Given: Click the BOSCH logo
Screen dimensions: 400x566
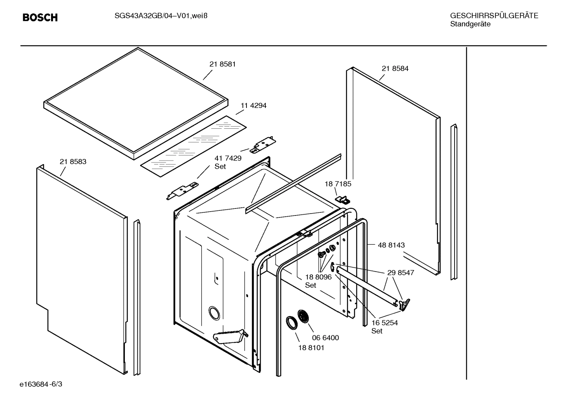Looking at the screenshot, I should click(x=40, y=18).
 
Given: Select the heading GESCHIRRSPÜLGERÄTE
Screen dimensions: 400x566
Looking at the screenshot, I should click(x=494, y=16).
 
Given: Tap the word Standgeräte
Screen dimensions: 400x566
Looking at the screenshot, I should click(x=470, y=24).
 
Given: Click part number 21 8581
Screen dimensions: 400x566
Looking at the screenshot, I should click(x=223, y=64).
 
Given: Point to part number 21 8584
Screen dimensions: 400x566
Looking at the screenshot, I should click(x=395, y=68).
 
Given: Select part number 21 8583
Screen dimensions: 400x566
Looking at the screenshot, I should click(x=73, y=162).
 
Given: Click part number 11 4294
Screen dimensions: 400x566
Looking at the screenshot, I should click(x=253, y=106).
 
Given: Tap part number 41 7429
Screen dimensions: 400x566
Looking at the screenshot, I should click(x=228, y=158).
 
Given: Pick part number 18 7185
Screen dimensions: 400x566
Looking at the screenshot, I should click(x=338, y=184).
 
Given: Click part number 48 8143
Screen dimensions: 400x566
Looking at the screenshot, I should click(x=391, y=245).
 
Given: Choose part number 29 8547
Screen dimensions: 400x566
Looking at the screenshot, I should click(x=400, y=272).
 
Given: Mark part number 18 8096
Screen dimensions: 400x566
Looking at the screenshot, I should click(x=318, y=277).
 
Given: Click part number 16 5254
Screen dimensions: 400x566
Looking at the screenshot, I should click(x=385, y=323).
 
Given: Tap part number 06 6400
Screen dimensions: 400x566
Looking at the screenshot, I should click(x=325, y=338).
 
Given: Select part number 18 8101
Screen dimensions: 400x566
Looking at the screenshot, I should click(x=311, y=348).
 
